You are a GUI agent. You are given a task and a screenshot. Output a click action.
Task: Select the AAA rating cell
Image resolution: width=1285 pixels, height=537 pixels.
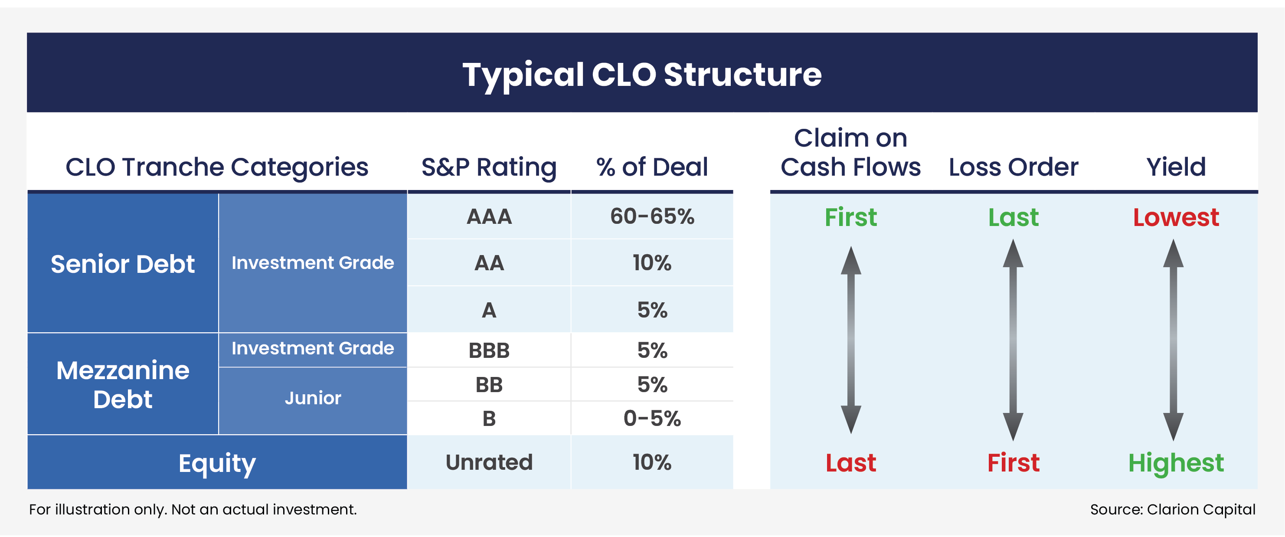(x=489, y=216)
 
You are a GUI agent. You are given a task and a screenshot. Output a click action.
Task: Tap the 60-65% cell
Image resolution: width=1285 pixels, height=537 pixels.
(x=652, y=216)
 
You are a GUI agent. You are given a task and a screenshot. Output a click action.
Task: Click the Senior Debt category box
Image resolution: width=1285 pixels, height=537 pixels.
(x=122, y=263)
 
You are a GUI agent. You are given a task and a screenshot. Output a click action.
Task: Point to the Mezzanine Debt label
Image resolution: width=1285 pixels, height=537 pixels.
(x=122, y=384)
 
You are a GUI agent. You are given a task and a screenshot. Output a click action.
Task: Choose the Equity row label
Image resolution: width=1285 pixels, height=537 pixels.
(x=217, y=463)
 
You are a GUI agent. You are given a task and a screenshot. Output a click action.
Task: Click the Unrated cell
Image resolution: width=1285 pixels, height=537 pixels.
(x=489, y=462)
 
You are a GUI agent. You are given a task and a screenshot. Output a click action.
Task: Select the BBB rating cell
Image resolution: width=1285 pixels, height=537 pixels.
(x=489, y=350)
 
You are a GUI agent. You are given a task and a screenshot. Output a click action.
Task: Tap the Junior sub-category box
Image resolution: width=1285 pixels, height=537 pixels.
(x=313, y=398)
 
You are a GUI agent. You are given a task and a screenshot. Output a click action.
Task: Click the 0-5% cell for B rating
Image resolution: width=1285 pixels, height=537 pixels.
(x=652, y=418)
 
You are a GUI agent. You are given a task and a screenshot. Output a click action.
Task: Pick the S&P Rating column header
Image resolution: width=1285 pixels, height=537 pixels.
(x=489, y=167)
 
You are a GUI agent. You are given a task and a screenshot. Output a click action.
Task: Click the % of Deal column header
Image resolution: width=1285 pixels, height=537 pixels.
(x=652, y=167)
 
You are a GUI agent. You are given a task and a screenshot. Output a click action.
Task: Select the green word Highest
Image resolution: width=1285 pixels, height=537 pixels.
(x=1176, y=463)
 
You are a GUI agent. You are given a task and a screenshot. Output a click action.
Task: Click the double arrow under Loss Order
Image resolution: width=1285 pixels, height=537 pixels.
(x=1013, y=339)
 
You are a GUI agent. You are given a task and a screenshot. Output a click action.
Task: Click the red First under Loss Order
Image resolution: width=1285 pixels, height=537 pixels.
(x=1013, y=463)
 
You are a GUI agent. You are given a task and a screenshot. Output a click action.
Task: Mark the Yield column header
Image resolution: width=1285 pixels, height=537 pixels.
(x=1176, y=167)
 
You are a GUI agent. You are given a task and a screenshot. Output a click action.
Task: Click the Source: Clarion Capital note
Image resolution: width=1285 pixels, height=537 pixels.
(x=1172, y=510)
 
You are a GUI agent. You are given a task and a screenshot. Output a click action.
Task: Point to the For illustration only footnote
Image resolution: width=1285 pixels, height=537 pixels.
(x=193, y=510)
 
